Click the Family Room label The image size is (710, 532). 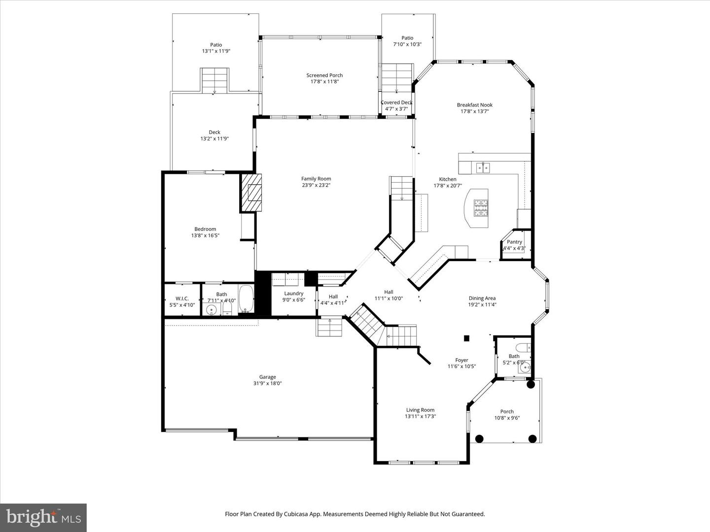(x=316, y=179)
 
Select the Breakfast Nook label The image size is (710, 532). (x=474, y=105)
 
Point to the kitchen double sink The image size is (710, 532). (x=483, y=168)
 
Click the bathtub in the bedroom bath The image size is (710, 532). (x=246, y=299)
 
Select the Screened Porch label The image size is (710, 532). (x=324, y=75)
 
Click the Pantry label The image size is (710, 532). (x=514, y=242)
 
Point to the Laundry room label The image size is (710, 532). (x=293, y=294)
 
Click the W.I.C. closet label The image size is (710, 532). (x=182, y=299)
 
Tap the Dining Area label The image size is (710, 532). (x=482, y=298)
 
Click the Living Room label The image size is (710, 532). (x=420, y=410)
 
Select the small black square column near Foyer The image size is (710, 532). (x=466, y=338)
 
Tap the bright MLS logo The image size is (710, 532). (x=43, y=517)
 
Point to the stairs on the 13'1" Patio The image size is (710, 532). (x=214, y=80)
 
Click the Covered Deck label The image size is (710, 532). (x=396, y=102)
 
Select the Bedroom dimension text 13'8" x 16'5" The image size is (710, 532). (x=205, y=235)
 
